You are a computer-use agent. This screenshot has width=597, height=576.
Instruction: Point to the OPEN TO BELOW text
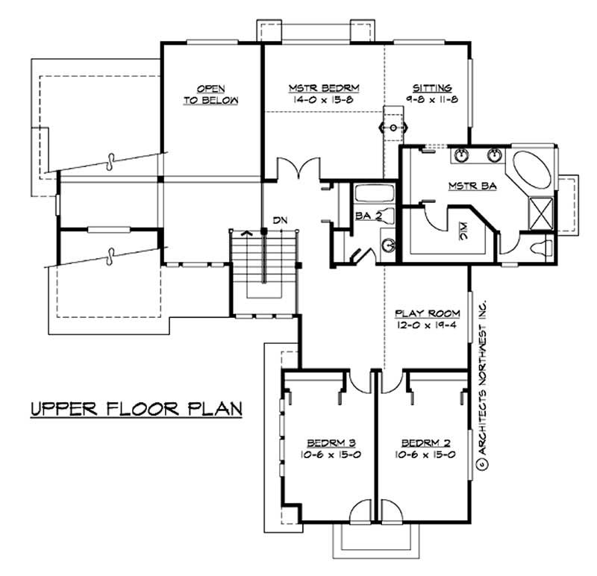point(211,93)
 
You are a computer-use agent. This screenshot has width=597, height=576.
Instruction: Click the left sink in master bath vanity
point(461,156)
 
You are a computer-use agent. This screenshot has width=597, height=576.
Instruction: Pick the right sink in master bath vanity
point(493,156)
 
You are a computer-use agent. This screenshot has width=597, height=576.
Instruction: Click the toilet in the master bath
point(539,246)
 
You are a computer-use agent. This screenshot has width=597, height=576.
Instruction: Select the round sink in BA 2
point(389,245)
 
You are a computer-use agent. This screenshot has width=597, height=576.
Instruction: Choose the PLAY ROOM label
point(426,313)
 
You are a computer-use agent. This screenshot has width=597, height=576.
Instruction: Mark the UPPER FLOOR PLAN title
point(134,410)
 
